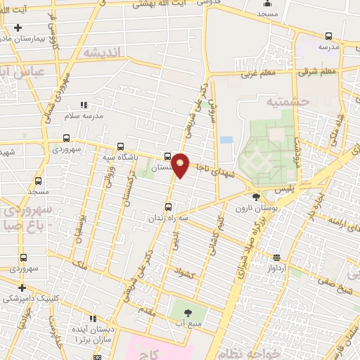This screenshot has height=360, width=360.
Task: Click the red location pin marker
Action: click(181, 165)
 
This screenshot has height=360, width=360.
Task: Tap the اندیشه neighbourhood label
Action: click(103, 52)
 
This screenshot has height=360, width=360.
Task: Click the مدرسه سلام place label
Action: click(84, 115)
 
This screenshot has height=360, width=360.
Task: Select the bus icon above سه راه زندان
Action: click(167, 207)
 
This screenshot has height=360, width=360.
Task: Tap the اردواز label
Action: click(276, 268)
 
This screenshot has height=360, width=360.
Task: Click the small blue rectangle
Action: click(226, 140)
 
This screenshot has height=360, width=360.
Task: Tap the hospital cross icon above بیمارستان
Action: click(18, 27)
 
